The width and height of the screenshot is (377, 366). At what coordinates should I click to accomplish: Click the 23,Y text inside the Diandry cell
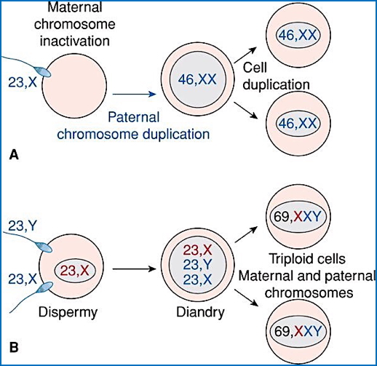(194, 266)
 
